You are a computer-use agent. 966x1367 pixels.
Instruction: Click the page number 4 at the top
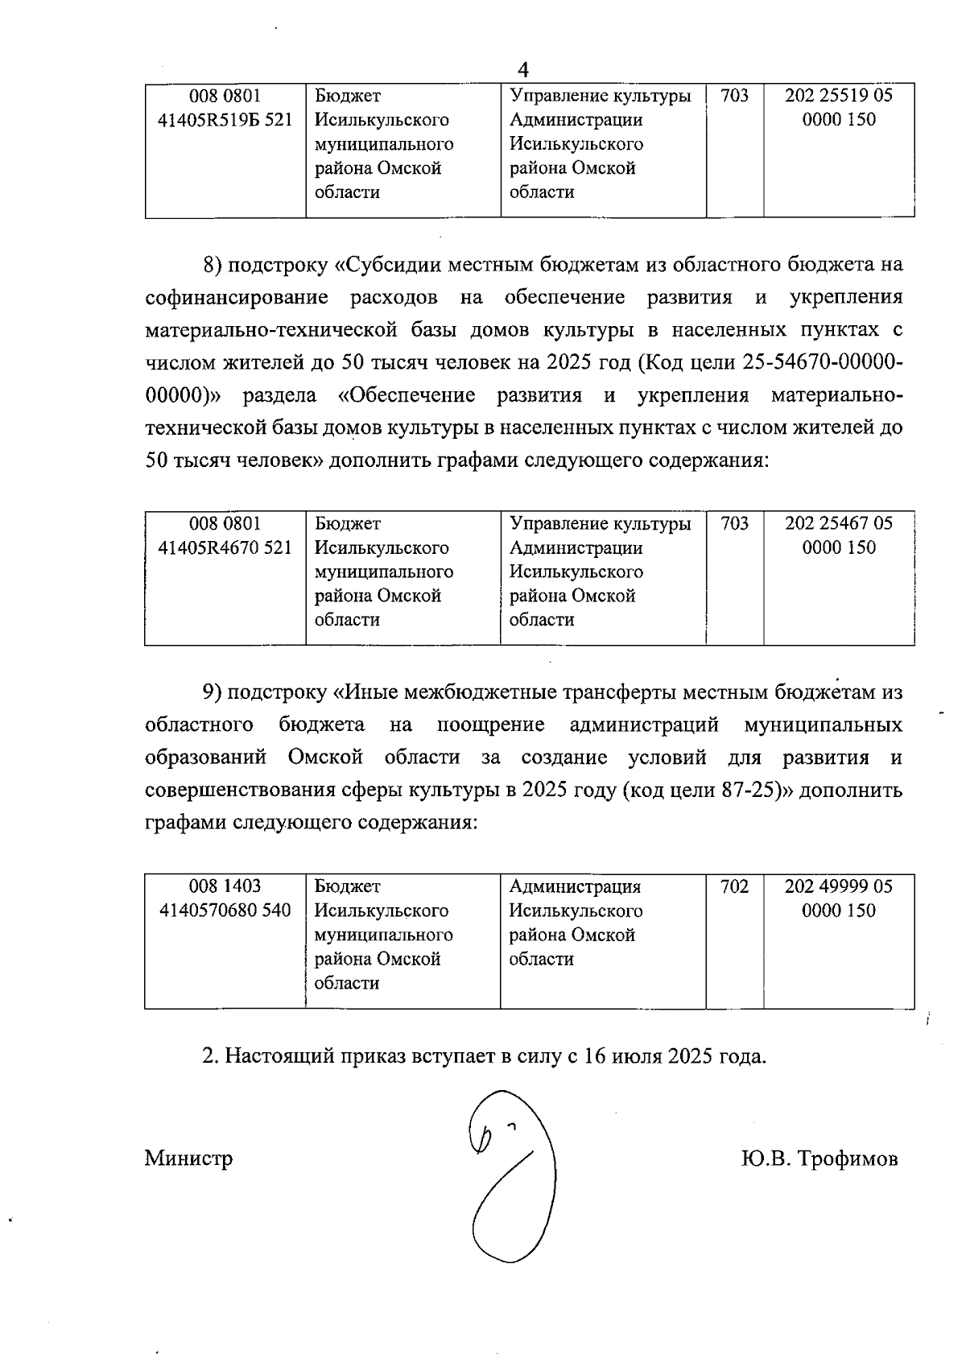click(523, 69)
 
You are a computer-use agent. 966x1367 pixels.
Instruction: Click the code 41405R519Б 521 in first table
click(225, 120)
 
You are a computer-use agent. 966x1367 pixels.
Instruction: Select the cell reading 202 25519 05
click(839, 96)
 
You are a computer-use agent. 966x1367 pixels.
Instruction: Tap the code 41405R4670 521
click(225, 548)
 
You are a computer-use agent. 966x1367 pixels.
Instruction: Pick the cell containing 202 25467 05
click(839, 524)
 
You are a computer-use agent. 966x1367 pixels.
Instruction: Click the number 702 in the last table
click(734, 886)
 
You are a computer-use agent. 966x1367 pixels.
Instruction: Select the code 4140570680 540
click(225, 911)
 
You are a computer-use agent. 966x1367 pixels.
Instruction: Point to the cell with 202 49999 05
click(839, 886)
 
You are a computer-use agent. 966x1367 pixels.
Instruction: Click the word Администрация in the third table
click(575, 886)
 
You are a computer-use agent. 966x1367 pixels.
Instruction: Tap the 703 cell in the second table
click(734, 524)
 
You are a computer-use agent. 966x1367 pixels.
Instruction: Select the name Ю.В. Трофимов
click(819, 1159)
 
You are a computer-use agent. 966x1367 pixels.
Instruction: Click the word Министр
click(189, 1158)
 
